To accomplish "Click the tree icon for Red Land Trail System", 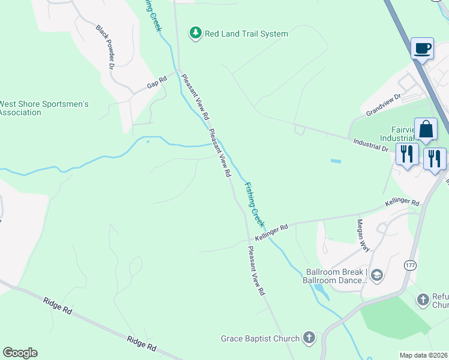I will pos(196,34).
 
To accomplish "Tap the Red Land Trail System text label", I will pos(246,34).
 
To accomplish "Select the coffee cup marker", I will pos(422,48).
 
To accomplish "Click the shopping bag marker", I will pos(426,130).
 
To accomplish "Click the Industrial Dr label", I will pos(371,145).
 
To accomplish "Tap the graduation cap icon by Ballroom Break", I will pos(376,275).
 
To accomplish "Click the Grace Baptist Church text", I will pos(260,338).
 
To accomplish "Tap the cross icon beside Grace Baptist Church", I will pos(309,338).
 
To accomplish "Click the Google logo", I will pos(20,353).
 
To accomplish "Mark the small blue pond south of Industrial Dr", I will pos(336,161).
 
